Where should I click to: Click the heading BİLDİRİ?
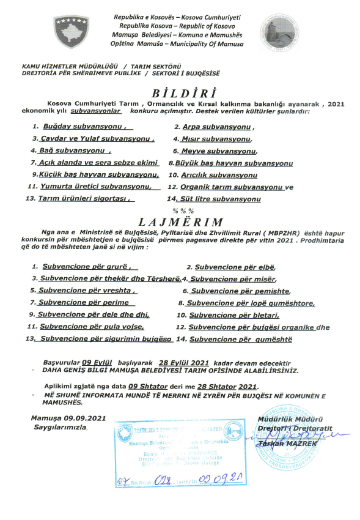click(180, 94)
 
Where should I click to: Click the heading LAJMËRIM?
click(180, 221)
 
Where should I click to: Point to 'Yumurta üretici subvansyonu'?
click(86, 187)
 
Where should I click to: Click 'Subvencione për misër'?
click(224, 279)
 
